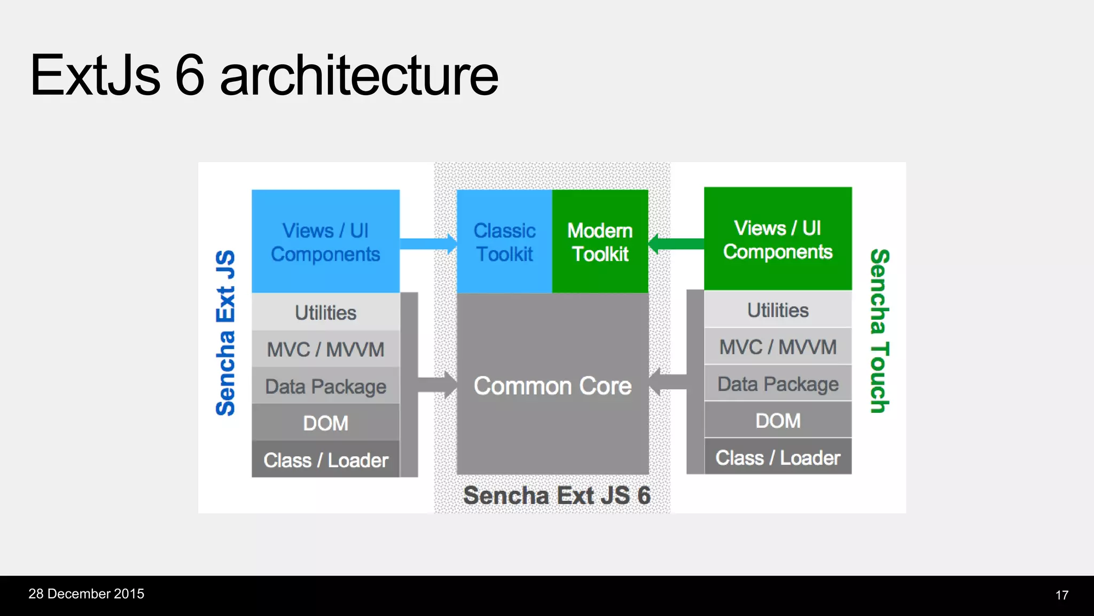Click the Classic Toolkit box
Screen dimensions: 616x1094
[x=504, y=242]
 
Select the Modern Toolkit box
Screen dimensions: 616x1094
[x=600, y=242]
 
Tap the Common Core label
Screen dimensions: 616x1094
[x=552, y=386]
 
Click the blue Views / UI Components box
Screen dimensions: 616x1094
[x=325, y=242]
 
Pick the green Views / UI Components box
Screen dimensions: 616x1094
[x=778, y=239]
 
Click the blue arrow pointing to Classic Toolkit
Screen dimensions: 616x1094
[x=427, y=244]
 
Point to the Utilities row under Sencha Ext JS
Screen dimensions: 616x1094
[x=325, y=312]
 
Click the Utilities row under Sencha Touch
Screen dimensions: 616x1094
[x=778, y=310]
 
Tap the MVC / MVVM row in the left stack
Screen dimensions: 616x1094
[x=325, y=349]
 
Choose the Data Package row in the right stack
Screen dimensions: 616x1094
[x=778, y=384]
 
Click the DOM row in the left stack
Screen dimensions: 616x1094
[x=325, y=423]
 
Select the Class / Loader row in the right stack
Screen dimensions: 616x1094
[x=778, y=458]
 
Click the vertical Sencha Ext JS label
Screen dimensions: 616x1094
[x=225, y=333]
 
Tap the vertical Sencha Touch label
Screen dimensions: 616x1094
[x=879, y=330]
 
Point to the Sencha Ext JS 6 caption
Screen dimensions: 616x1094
[x=557, y=495]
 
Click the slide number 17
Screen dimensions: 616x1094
[x=1061, y=595]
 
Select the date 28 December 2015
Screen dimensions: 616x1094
[x=86, y=594]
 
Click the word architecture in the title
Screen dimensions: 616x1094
[x=359, y=76]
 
